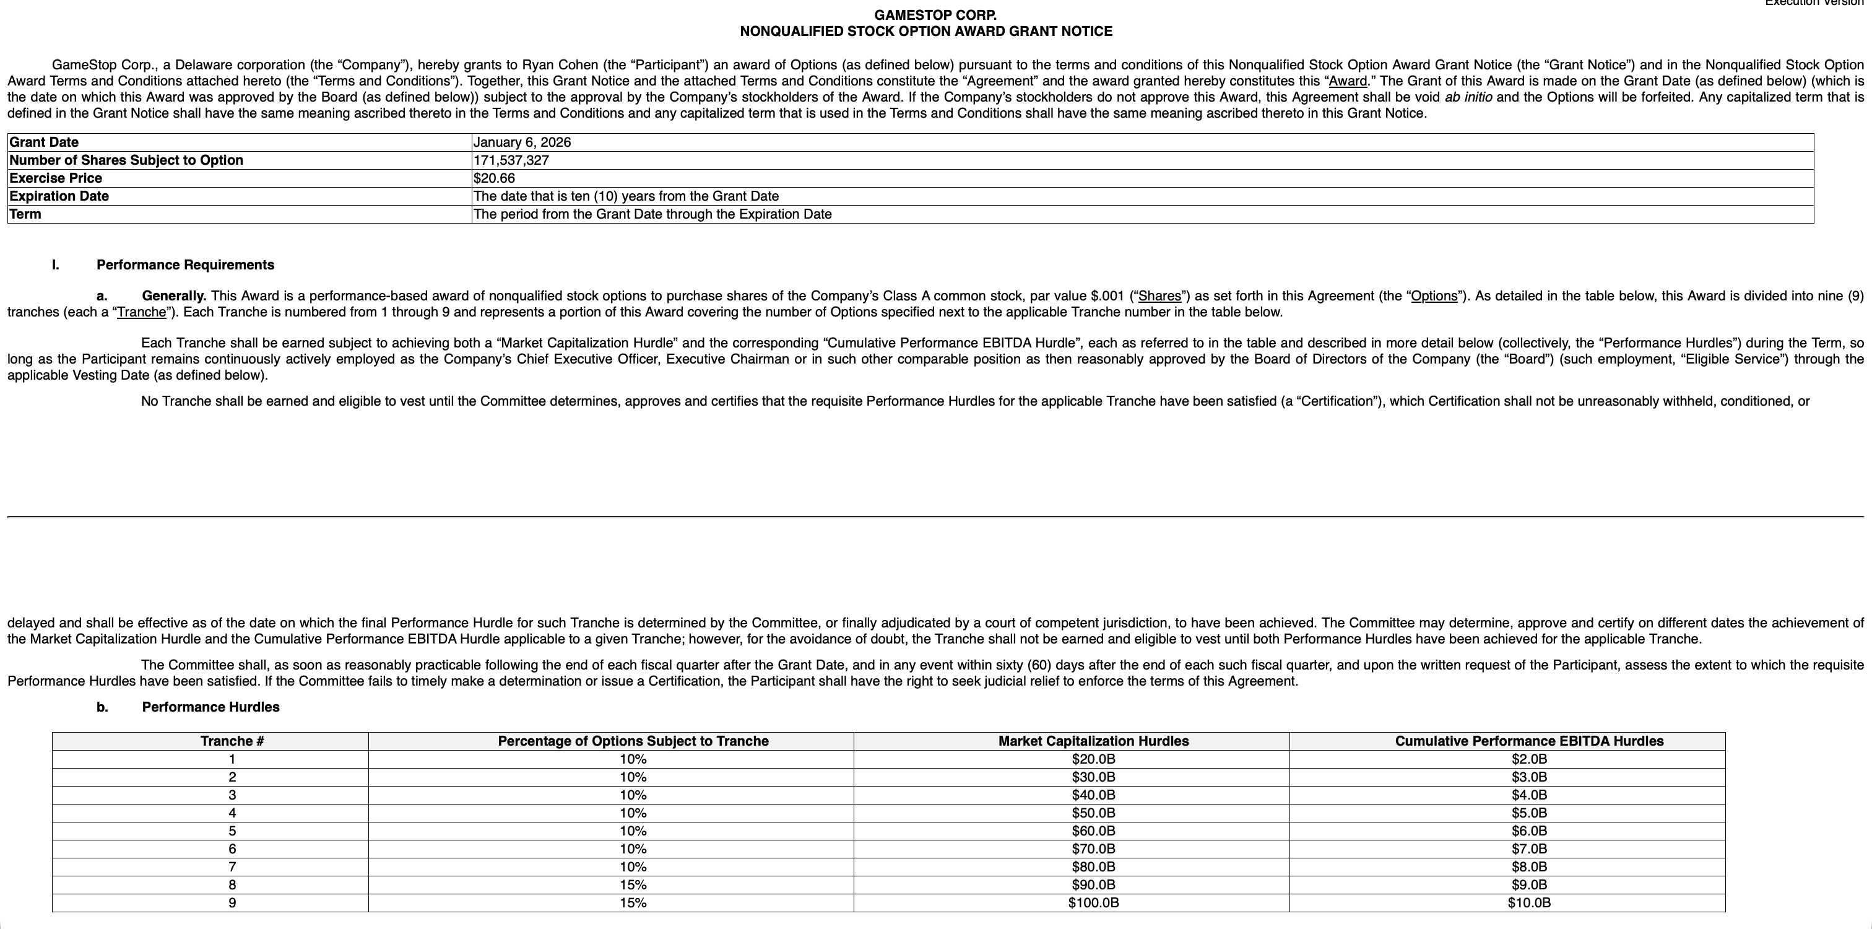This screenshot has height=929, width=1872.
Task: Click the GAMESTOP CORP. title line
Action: pyautogui.click(x=935, y=14)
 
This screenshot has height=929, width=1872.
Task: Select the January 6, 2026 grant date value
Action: pyautogui.click(x=522, y=142)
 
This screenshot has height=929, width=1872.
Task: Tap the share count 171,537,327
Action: pyautogui.click(x=511, y=160)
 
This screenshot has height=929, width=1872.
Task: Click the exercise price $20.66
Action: pyautogui.click(x=494, y=178)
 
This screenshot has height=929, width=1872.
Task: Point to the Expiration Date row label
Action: pyautogui.click(x=59, y=196)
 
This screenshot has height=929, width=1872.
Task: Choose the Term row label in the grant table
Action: pyautogui.click(x=25, y=214)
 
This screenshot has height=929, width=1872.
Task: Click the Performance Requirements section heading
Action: pyautogui.click(x=185, y=264)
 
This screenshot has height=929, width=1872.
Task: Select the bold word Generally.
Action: pyautogui.click(x=174, y=296)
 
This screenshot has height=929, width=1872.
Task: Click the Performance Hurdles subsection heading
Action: pyautogui.click(x=210, y=707)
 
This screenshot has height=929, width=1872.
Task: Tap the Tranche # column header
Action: pyautogui.click(x=232, y=741)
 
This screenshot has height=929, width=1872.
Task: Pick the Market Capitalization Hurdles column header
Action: pyautogui.click(x=1093, y=741)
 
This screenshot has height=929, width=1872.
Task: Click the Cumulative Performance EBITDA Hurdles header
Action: pyautogui.click(x=1529, y=741)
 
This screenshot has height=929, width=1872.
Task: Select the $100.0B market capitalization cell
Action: pyautogui.click(x=1093, y=903)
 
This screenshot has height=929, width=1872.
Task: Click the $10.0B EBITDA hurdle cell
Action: pyautogui.click(x=1529, y=903)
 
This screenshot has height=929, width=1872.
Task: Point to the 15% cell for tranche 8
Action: pyautogui.click(x=633, y=884)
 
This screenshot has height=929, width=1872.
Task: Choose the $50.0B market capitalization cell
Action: pyautogui.click(x=1093, y=813)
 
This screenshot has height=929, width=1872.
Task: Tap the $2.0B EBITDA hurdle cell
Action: pyautogui.click(x=1529, y=759)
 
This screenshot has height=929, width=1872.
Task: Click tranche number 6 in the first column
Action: pyautogui.click(x=232, y=849)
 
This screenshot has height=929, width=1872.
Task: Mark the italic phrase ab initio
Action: pyautogui.click(x=1468, y=97)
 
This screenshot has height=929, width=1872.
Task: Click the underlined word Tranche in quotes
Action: pyautogui.click(x=141, y=313)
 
